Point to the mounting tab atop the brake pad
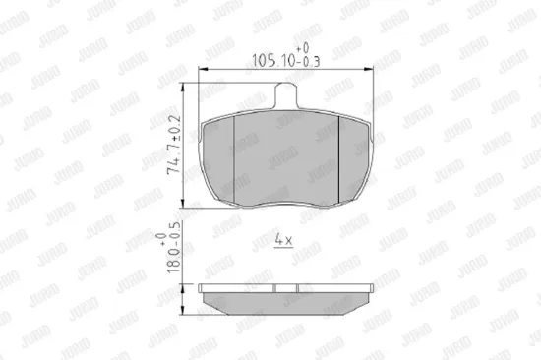coord(285,95)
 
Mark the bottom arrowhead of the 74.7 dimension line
coord(183,204)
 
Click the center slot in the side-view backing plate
coord(285,288)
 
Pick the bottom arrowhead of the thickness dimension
coord(183,316)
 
